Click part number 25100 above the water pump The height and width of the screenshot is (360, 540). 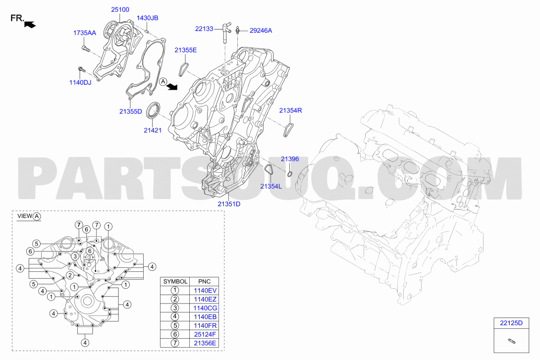click(120, 9)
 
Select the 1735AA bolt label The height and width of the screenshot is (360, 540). click(84, 33)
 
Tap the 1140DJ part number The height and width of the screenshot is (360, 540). click(80, 83)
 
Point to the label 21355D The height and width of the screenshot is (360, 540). click(130, 111)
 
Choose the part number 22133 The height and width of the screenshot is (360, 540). click(204, 29)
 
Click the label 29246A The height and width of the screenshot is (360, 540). click(261, 31)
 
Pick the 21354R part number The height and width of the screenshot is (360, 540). click(291, 110)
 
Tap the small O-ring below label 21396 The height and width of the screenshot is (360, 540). click(290, 174)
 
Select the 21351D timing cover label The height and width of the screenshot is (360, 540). click(229, 204)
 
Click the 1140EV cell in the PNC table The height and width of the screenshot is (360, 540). click(205, 291)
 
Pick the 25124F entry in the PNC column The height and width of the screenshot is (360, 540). click(205, 334)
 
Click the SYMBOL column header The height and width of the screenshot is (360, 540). click(175, 282)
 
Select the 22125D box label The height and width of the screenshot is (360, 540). click(511, 323)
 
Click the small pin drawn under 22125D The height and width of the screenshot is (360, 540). click(511, 341)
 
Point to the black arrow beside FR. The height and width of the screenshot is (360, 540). click(30, 24)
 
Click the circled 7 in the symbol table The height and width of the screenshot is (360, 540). click(175, 343)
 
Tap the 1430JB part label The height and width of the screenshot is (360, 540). click(148, 18)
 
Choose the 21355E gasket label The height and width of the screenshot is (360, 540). click(186, 50)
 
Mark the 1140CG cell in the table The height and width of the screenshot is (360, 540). click(205, 308)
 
